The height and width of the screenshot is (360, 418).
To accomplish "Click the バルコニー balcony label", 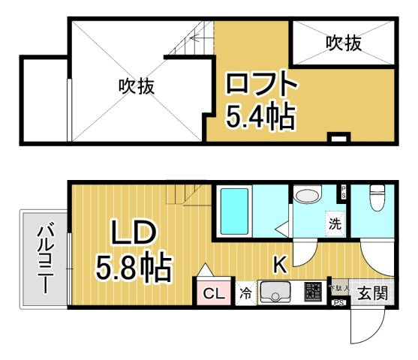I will click(44, 259).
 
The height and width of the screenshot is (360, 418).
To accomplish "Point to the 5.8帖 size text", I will click(133, 265).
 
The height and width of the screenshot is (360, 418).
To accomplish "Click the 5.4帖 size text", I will click(260, 115).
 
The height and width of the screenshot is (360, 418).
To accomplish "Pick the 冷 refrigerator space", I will click(246, 293).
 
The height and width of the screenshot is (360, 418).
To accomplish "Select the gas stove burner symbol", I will click(314, 291).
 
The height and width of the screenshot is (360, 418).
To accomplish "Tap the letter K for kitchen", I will click(279, 264).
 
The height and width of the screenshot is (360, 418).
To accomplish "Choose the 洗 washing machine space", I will click(335, 223).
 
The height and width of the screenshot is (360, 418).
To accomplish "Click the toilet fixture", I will click(376, 199).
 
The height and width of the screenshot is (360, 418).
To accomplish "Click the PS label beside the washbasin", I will click(344, 192).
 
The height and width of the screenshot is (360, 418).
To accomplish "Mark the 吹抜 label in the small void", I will click(344, 44).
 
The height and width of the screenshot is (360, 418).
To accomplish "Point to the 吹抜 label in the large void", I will click(136, 86).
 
